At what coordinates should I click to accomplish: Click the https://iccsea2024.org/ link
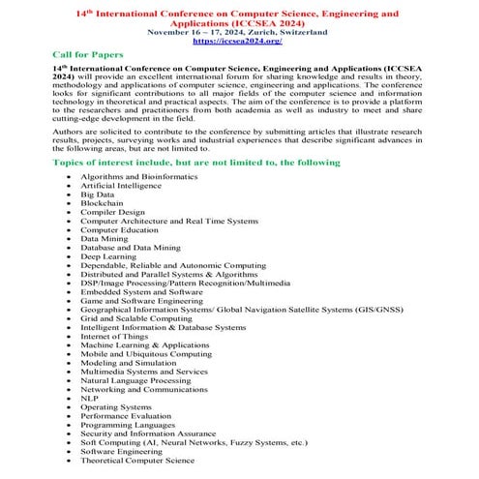click(238, 42)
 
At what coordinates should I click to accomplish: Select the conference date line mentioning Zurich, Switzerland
click(238, 32)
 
